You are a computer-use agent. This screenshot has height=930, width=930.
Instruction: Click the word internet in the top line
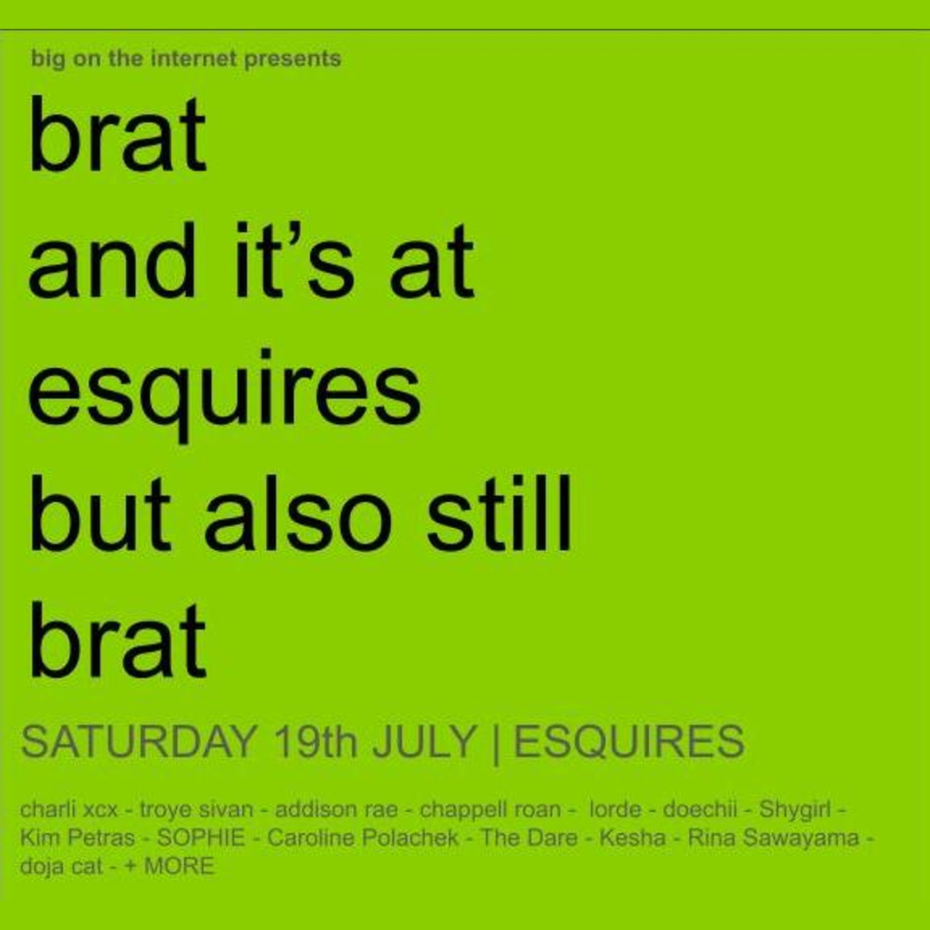(194, 59)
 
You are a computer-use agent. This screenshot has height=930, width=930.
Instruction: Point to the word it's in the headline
(295, 260)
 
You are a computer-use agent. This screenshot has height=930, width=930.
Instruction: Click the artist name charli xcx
(69, 810)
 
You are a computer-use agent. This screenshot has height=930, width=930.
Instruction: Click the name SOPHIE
(201, 838)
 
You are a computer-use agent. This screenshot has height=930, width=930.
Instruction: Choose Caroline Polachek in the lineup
(363, 838)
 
